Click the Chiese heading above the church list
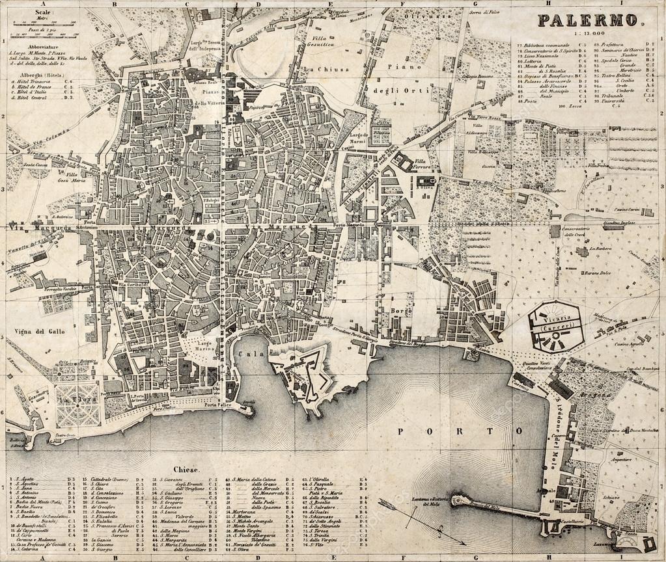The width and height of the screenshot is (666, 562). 186,469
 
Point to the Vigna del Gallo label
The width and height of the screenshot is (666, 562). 35,331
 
